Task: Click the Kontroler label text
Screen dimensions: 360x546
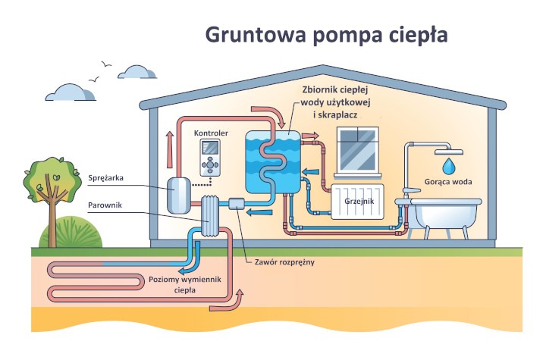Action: point(211,133)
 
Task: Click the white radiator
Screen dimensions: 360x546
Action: point(359,200)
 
